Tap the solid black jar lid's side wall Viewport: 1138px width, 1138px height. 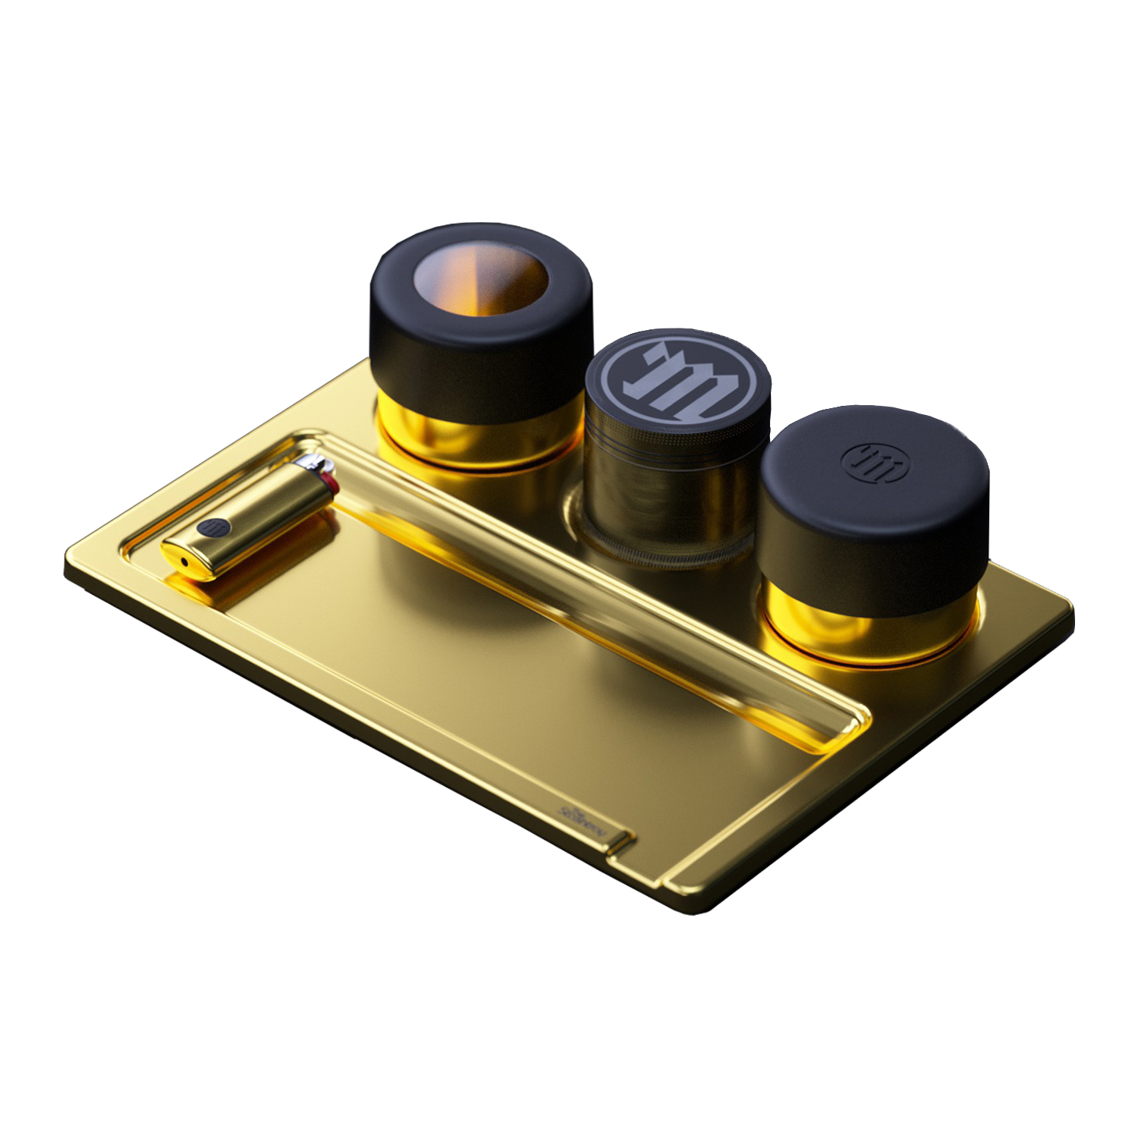[872, 546]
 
